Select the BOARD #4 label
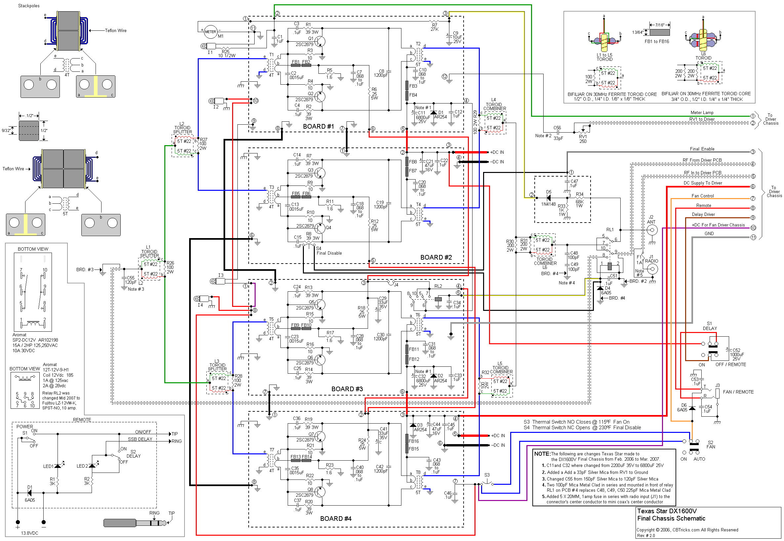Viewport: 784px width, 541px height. point(336,519)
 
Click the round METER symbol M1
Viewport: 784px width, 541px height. point(211,32)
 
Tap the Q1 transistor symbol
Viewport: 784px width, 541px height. point(320,41)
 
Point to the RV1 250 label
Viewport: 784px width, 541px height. point(583,139)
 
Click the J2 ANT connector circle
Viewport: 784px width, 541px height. point(652,230)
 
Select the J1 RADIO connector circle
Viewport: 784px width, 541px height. point(652,269)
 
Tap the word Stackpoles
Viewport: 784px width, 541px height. point(29,6)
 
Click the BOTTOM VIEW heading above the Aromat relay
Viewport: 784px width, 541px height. point(33,249)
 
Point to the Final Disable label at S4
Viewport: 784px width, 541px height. point(329,253)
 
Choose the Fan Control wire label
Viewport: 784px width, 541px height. point(702,196)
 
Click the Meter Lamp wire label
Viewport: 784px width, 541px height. point(702,112)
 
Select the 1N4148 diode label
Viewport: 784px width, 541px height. point(548,204)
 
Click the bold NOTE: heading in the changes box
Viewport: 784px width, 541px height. point(542,454)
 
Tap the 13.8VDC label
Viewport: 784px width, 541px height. point(29,533)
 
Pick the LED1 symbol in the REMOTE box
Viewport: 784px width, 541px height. point(58,466)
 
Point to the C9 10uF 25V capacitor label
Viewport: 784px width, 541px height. point(457,37)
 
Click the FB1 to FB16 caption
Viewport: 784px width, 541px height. point(657,42)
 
